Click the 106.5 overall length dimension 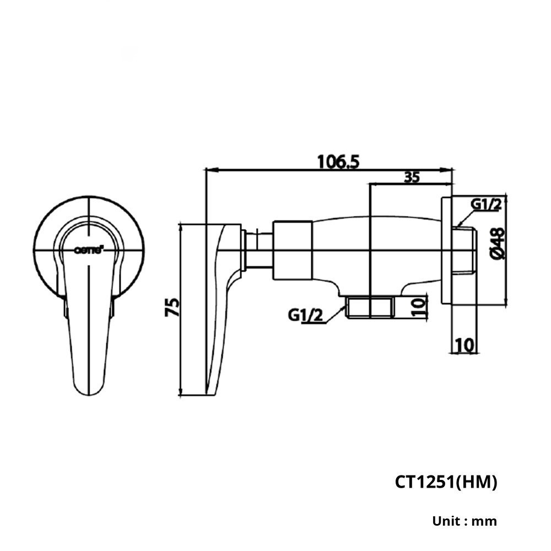pyautogui.click(x=338, y=162)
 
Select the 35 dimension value pyautogui.click(x=412, y=177)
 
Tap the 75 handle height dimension pyautogui.click(x=172, y=307)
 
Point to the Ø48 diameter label pyautogui.click(x=497, y=243)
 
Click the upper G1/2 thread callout pyautogui.click(x=486, y=204)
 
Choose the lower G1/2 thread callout pyautogui.click(x=305, y=315)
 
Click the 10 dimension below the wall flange pyautogui.click(x=464, y=345)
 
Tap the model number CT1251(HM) pyautogui.click(x=446, y=482)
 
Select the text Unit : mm pyautogui.click(x=464, y=521)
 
